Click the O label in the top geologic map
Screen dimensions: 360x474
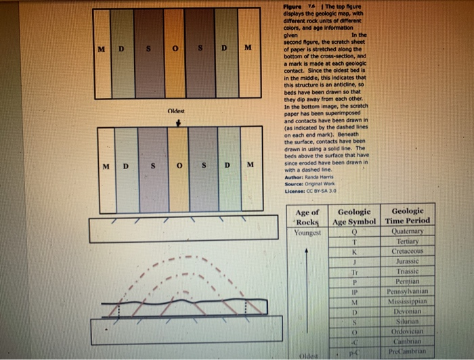point(173,49)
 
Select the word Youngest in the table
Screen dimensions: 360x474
point(308,233)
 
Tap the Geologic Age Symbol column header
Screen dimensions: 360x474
point(354,216)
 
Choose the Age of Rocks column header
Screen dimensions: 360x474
point(308,217)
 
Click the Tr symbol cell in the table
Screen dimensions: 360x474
point(354,272)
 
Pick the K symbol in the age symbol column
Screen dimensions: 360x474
point(354,251)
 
